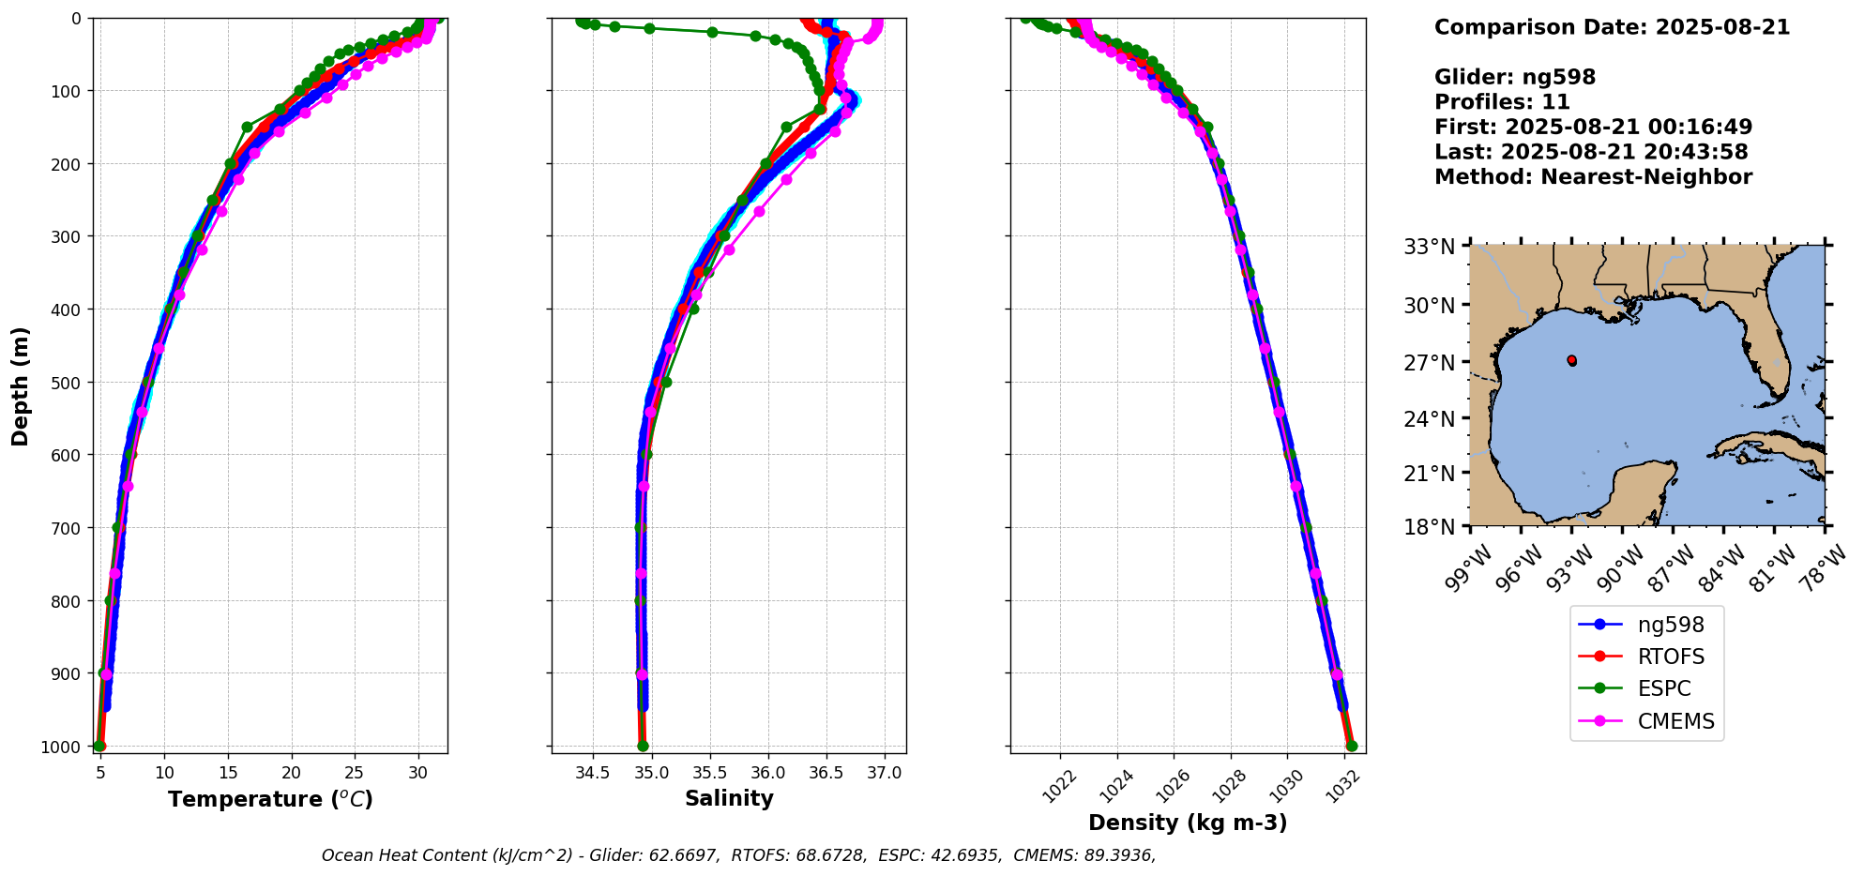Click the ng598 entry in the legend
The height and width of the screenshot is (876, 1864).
pos(1670,625)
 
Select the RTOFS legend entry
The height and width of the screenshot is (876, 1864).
pos(1670,657)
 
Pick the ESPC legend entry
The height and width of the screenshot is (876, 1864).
pos(1663,688)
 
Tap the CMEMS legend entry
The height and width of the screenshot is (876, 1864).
pos(1675,721)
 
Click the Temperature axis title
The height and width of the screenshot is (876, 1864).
pos(270,799)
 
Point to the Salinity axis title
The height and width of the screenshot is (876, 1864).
pos(729,799)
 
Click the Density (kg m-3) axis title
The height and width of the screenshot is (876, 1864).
pos(1188,823)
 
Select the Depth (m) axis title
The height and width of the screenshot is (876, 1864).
pos(21,385)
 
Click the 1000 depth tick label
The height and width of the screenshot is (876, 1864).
pos(60,747)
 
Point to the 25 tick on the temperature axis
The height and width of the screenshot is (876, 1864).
pos(355,773)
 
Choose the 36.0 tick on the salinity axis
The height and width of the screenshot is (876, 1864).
pos(767,773)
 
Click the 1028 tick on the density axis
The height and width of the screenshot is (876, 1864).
pos(1230,784)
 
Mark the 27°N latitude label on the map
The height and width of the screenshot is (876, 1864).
pos(1429,363)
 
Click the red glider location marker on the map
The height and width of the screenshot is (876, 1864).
pos(1571,360)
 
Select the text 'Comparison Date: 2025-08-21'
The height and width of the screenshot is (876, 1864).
pos(1612,27)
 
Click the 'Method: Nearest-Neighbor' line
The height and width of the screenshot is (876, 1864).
pos(1593,177)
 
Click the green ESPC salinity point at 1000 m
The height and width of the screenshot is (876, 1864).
pos(643,747)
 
